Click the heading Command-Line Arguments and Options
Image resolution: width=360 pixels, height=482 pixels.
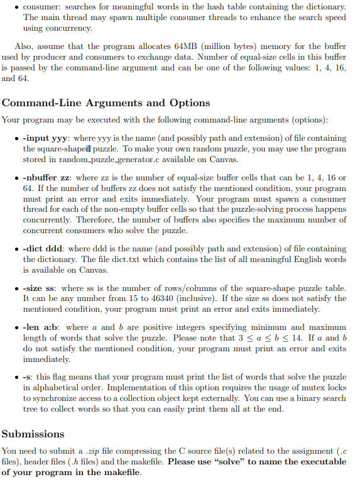click(x=106, y=103)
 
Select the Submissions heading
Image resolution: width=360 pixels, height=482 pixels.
click(x=33, y=434)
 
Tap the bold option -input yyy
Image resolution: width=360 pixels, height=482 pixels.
click(x=46, y=138)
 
